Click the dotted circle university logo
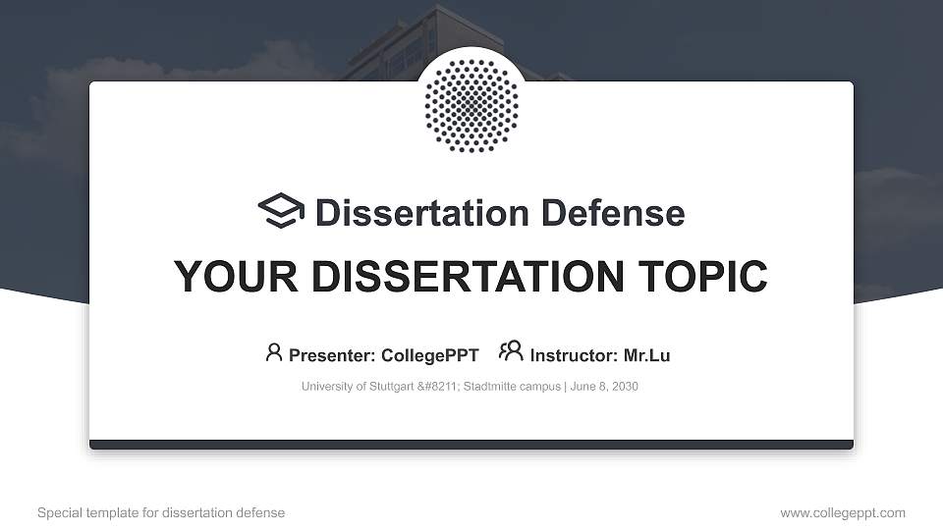(471, 105)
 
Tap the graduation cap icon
(281, 211)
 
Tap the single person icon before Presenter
(274, 352)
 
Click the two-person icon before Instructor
(511, 351)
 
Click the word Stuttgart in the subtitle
(387, 387)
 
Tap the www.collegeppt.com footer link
(843, 513)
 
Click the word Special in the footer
(59, 513)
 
